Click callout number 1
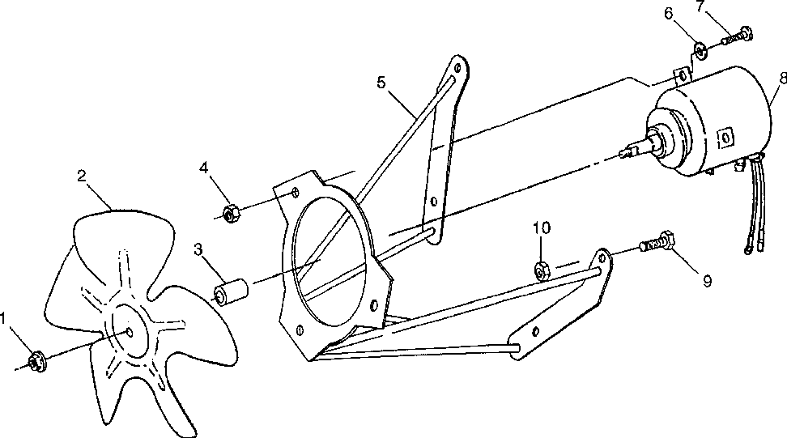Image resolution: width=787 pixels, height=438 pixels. coord(7,319)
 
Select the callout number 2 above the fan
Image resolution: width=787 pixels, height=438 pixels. coord(83,175)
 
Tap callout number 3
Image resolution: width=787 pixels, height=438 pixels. coord(198,249)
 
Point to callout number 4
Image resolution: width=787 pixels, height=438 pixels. coord(204,168)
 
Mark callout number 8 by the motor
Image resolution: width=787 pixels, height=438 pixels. coord(781,79)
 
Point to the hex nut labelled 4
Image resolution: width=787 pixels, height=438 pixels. coord(229,213)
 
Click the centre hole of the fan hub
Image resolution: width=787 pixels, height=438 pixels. coord(130,332)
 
